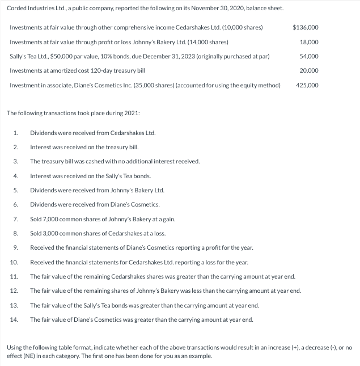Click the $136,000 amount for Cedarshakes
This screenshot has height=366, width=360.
coord(305,28)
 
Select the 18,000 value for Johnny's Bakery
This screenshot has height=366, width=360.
coord(308,42)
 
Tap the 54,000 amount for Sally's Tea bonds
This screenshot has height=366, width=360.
coord(308,56)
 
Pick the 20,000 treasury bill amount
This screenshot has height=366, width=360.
coord(308,70)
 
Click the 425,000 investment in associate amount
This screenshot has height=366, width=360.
coord(307,85)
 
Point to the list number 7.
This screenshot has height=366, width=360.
coord(15,218)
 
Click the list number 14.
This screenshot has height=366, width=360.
coord(14,319)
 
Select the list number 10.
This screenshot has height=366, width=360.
coord(14,262)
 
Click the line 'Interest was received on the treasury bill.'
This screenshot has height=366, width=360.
coord(81,147)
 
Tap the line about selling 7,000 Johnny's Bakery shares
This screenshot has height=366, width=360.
coord(103,218)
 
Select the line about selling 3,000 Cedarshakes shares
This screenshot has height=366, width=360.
coord(98,233)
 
